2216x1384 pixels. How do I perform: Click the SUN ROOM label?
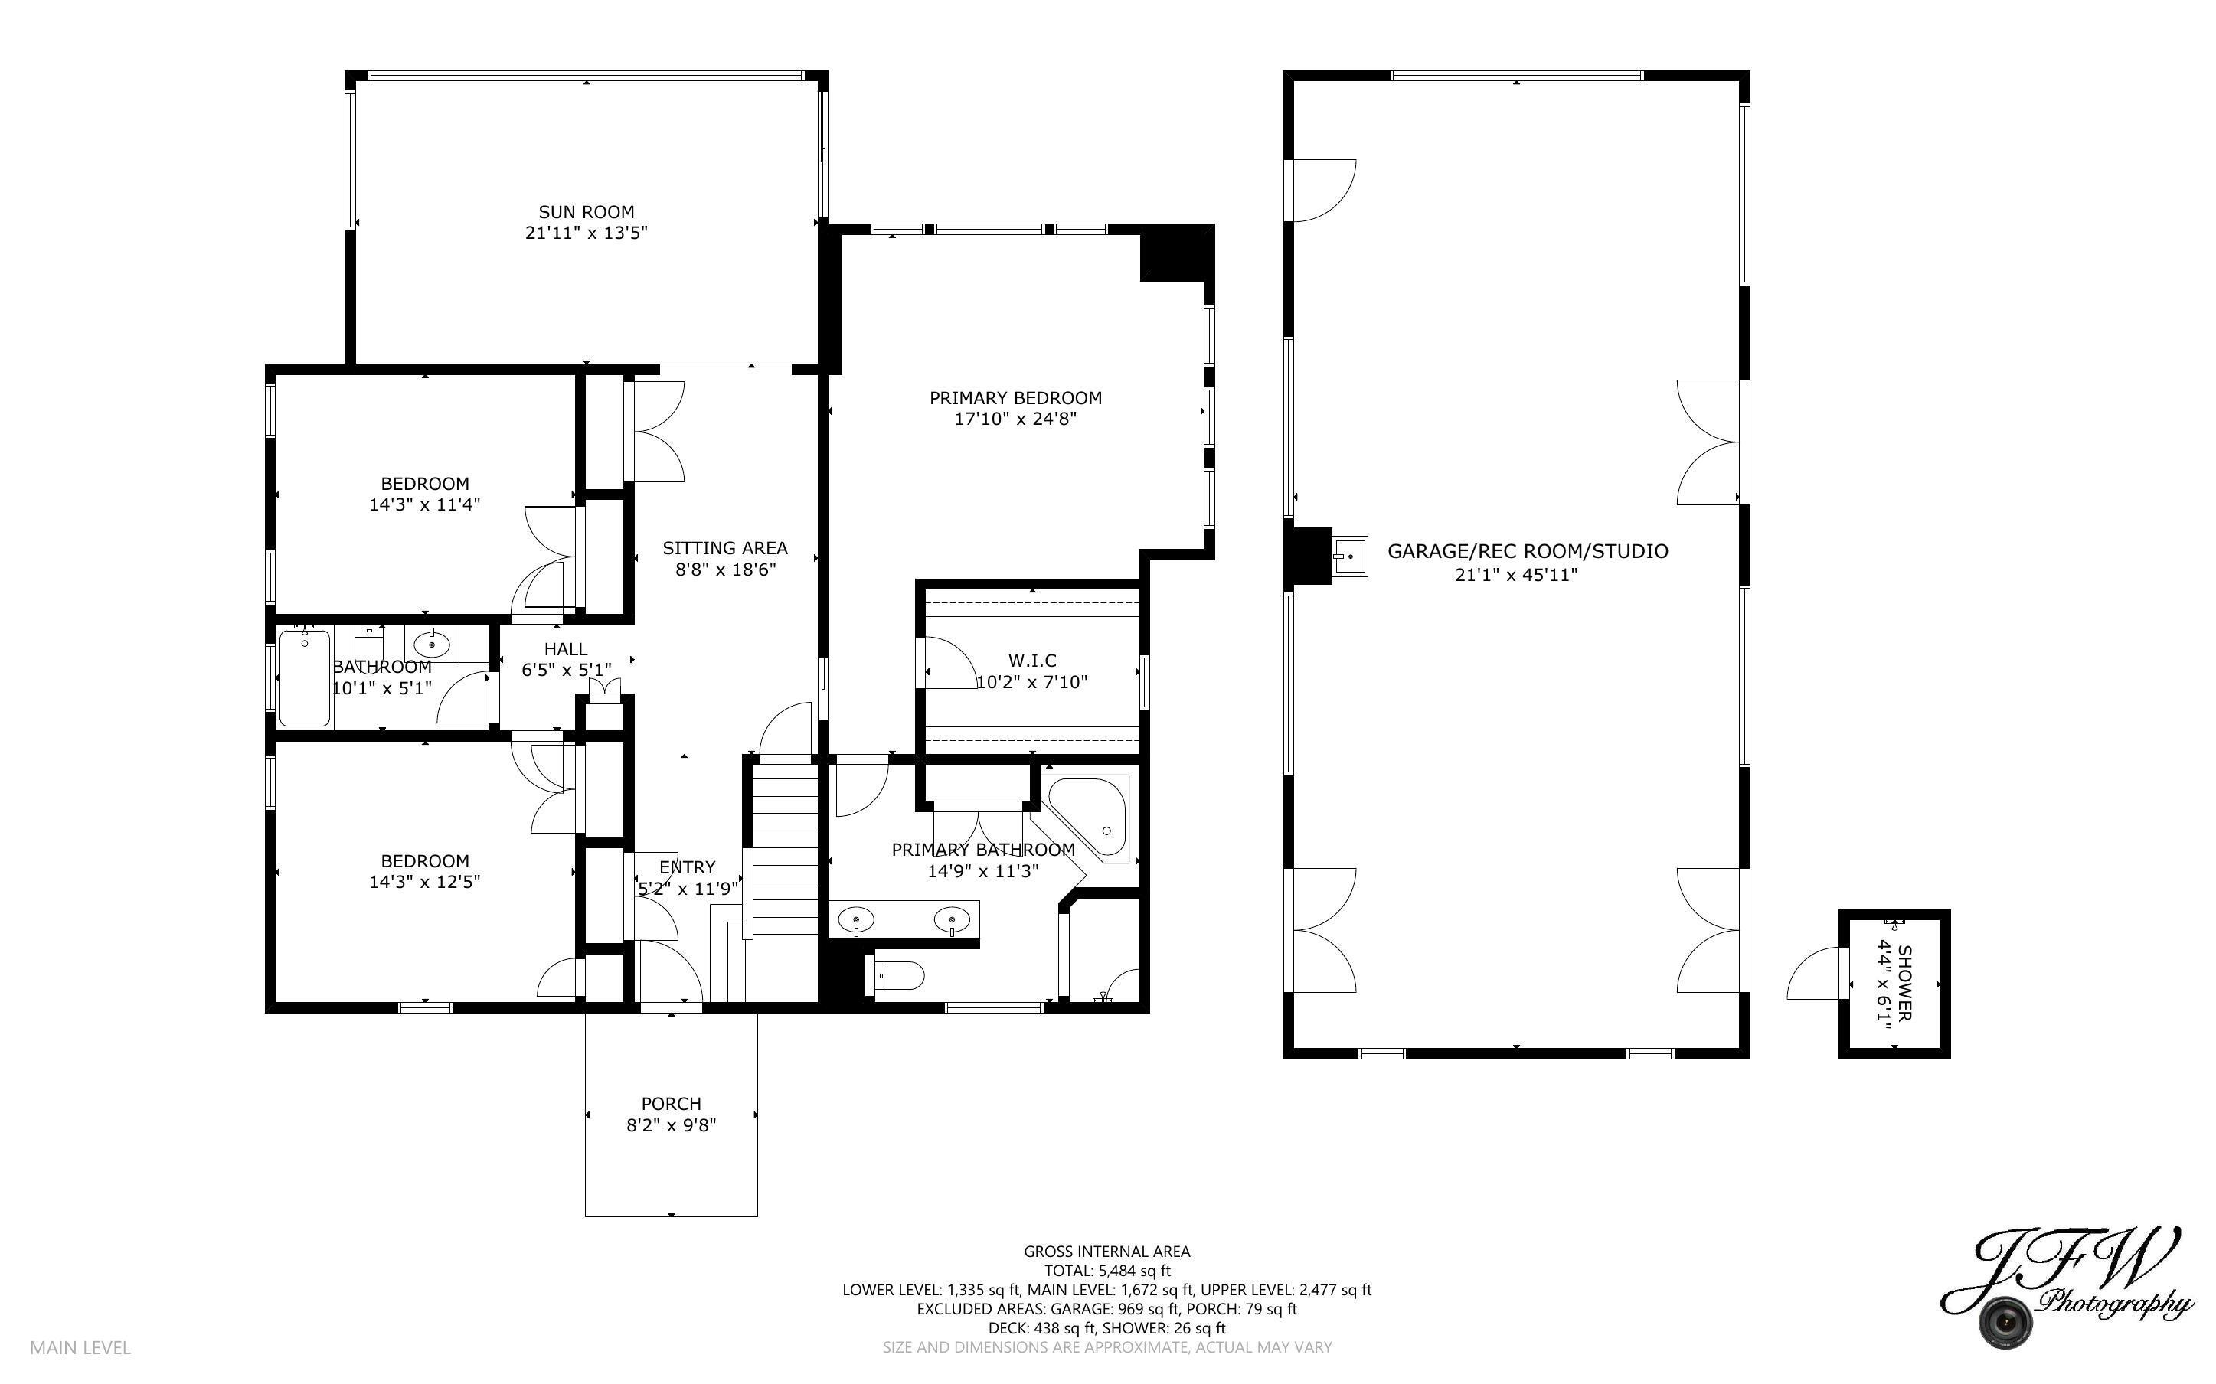tap(586, 212)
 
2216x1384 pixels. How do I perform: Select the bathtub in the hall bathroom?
tap(304, 677)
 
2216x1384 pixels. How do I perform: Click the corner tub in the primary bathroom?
tap(1091, 818)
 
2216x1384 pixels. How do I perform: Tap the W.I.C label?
tap(1032, 660)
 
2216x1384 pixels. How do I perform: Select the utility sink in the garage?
tap(1349, 556)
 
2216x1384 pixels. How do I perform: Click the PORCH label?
tap(671, 1104)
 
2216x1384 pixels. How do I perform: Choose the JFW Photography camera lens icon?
tap(2005, 1322)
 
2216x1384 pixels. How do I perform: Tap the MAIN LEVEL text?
tap(80, 1347)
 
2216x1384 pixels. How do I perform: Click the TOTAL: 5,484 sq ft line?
tap(1106, 1271)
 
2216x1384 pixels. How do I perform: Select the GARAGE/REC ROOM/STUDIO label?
tap(1527, 551)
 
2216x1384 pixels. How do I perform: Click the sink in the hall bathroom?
tap(432, 645)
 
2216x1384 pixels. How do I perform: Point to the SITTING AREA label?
tap(725, 548)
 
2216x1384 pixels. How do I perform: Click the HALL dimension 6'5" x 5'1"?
tap(566, 670)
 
